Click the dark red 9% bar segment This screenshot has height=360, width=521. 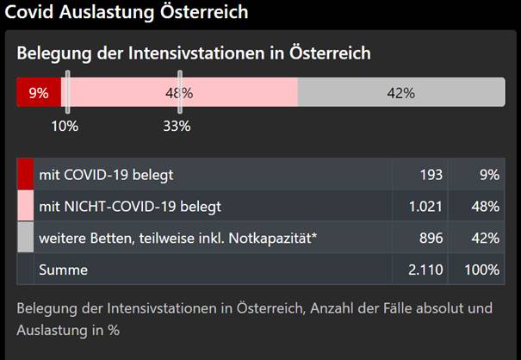[x=39, y=93]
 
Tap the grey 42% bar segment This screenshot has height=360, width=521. [x=401, y=93]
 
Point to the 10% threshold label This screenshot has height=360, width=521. [x=65, y=126]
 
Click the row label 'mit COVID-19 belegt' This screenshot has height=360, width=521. [x=106, y=175]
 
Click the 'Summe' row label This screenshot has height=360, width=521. [x=63, y=270]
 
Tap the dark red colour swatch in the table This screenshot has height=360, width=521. [x=25, y=175]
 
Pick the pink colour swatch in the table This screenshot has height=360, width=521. [x=25, y=206]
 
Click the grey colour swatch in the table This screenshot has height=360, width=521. [x=25, y=238]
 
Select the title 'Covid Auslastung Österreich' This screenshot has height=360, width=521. [x=127, y=12]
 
